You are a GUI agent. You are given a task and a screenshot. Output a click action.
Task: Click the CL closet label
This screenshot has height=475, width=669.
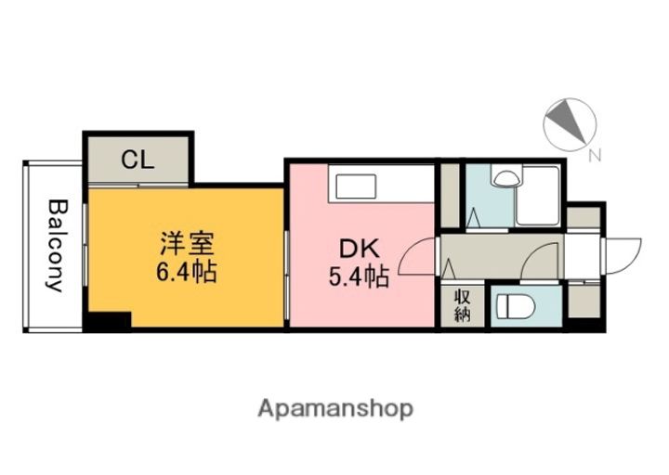pos(138,160)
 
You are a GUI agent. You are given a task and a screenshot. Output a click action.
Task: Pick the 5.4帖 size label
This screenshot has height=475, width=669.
pos(358,276)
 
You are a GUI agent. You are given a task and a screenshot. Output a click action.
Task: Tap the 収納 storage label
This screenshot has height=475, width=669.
pos(462,306)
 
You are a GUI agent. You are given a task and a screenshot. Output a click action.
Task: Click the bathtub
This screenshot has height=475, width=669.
pos(538,195)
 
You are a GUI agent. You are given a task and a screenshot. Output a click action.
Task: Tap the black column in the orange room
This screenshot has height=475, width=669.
pos(108,320)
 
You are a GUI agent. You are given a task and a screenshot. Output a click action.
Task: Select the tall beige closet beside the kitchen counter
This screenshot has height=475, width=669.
pos(450,195)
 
